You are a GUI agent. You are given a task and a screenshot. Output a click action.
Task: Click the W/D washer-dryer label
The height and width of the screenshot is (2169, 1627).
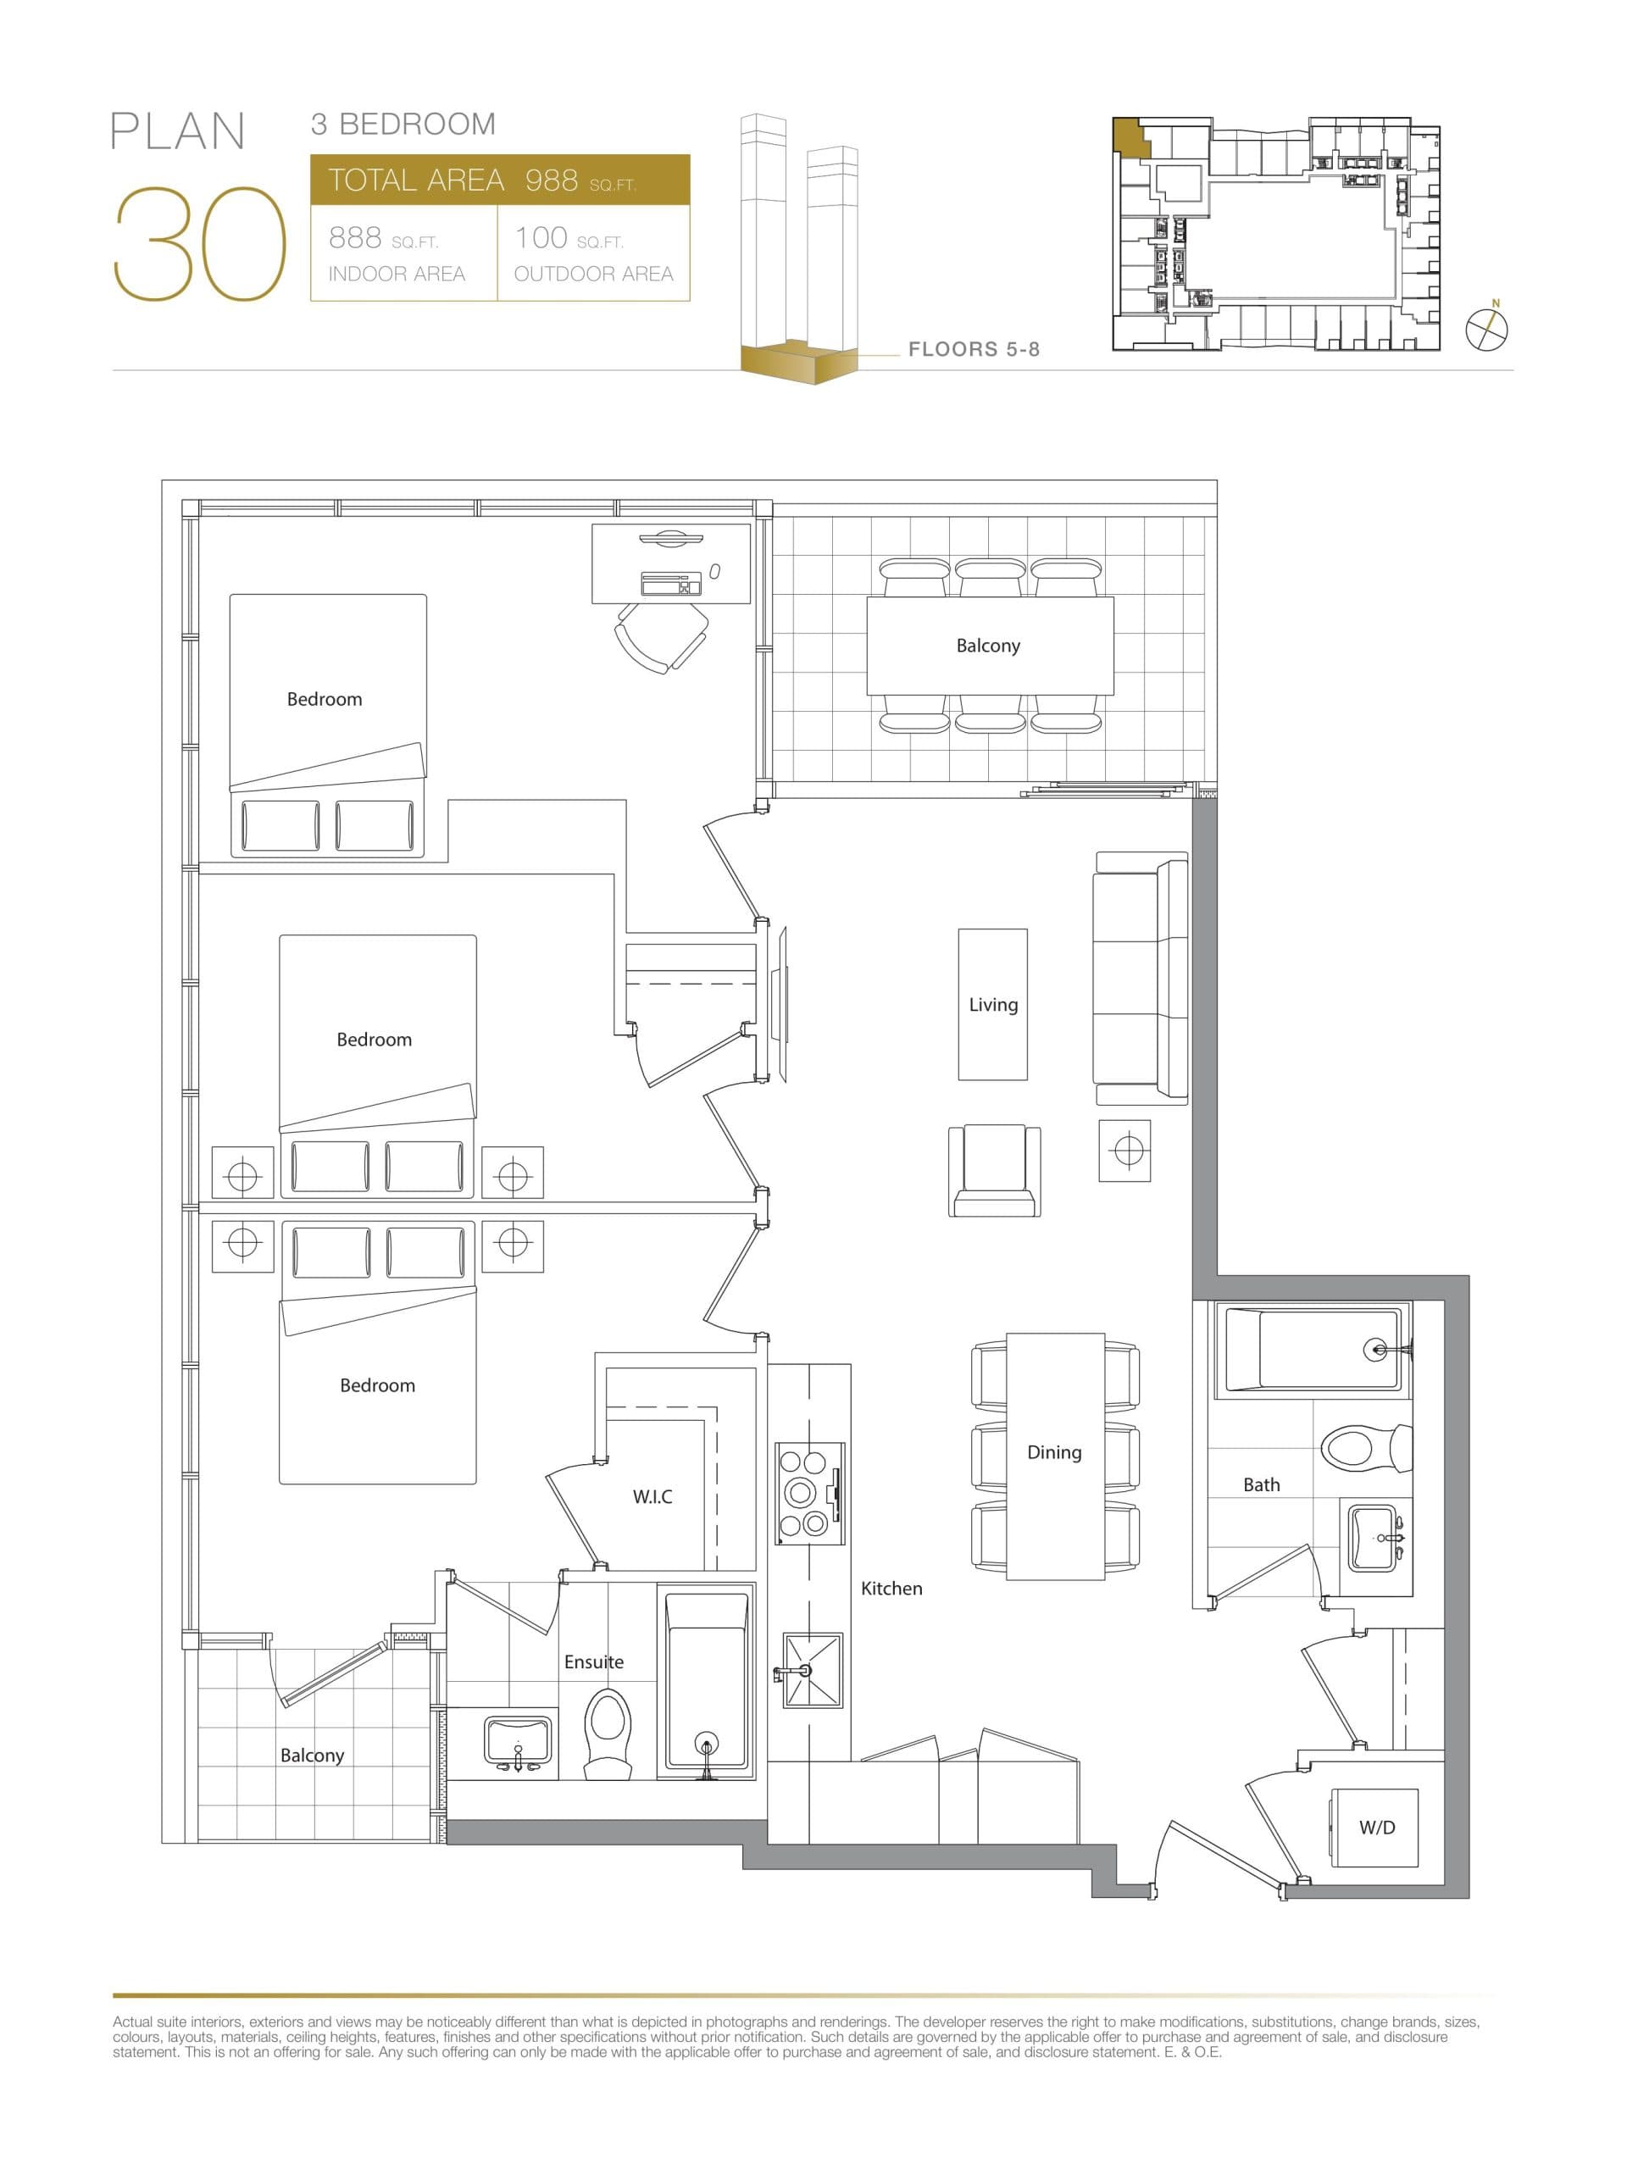click(1376, 1827)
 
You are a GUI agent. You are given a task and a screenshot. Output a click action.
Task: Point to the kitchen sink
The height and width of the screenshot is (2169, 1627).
click(811, 1669)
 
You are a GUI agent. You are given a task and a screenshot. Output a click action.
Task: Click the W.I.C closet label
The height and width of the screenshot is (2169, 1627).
click(652, 1496)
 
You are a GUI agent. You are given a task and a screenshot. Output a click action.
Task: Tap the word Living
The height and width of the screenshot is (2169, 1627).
click(992, 1004)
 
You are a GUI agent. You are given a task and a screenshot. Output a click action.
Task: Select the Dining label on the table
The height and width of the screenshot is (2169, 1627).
click(1053, 1452)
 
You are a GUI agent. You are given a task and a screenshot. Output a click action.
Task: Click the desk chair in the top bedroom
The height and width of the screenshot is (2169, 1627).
click(661, 635)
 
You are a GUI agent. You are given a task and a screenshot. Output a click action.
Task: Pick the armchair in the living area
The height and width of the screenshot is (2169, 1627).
click(993, 1169)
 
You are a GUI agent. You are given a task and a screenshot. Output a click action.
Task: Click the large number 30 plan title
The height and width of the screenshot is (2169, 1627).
click(200, 243)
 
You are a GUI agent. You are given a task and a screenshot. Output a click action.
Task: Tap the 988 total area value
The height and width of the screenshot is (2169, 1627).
click(551, 180)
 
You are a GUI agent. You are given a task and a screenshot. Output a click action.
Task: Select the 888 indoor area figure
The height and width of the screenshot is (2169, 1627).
click(355, 237)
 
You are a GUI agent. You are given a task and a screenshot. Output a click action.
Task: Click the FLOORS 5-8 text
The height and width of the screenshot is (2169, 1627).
click(973, 349)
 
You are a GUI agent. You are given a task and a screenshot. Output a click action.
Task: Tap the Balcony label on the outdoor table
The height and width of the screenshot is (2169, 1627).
click(987, 646)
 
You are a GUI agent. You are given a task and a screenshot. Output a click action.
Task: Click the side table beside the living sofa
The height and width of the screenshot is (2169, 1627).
click(1124, 1149)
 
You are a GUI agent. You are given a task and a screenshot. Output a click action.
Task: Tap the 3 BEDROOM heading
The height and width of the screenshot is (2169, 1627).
click(403, 125)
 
